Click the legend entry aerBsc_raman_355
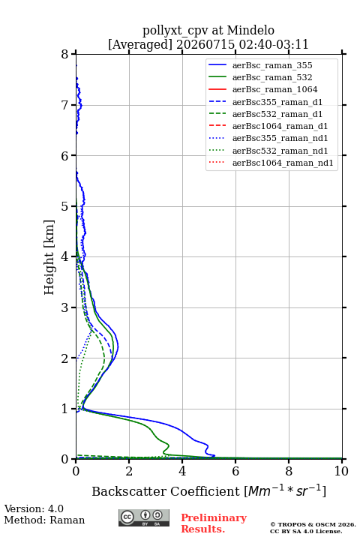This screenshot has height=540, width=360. coord(272,65)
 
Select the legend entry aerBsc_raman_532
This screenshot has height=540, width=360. coord(272,77)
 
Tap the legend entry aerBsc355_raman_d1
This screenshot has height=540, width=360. coord(277,102)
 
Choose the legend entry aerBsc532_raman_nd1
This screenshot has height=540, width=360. coord(280,151)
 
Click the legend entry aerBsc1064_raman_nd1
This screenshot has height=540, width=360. coord(283,163)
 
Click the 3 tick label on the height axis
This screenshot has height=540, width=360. coord(64,307)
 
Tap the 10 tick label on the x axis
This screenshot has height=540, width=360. coord(341,471)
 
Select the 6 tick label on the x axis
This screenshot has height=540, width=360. coord(235,471)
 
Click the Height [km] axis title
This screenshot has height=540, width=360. coord(49,257)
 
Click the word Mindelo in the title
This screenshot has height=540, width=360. coord(250,30)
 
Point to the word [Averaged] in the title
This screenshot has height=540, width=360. coord(139,44)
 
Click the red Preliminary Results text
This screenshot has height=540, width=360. coord(214,523)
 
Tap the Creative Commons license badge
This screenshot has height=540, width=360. coord(144,517)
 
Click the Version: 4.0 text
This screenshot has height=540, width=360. coord(34,508)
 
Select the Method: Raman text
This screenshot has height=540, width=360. coord(44,520)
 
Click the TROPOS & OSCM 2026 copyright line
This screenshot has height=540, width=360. coord(313,524)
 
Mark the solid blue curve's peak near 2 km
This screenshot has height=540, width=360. coord(118,347)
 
